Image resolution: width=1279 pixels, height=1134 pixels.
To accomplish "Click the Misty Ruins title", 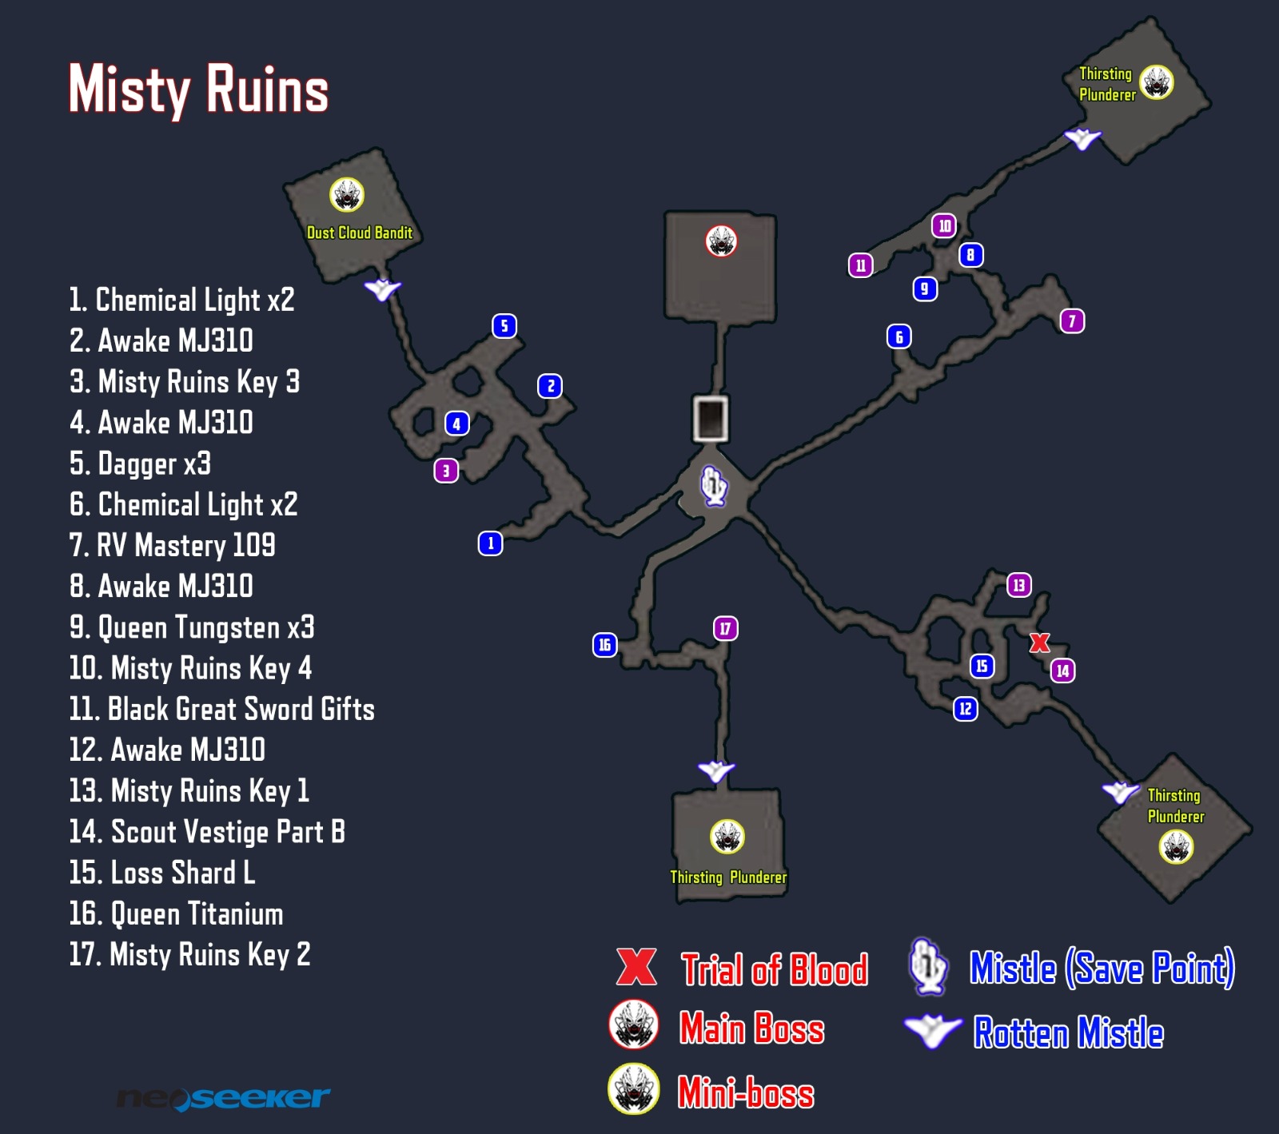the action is coord(198,90).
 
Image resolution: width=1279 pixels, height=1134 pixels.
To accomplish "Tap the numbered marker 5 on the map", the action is coord(504,326).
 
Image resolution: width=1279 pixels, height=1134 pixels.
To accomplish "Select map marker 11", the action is coord(861,265).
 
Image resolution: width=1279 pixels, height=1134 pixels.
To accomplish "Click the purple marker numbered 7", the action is coord(1072,321).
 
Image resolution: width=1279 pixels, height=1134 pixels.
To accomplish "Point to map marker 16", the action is coord(605,645).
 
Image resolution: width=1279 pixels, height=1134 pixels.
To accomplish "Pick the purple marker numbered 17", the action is coord(726,629).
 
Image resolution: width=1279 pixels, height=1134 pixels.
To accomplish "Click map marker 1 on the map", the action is coord(491,543).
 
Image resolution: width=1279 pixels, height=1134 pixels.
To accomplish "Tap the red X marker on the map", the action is coord(1039,643).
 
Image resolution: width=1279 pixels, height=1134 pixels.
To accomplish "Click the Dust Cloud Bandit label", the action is coord(360,233).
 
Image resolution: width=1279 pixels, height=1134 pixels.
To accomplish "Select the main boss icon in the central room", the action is coord(721,241).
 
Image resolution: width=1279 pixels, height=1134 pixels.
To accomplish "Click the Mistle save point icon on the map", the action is coord(714,485).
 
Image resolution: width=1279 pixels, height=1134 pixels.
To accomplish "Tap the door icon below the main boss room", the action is coord(710,418).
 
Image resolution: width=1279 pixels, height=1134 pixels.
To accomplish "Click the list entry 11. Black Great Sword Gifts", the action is coord(221,709).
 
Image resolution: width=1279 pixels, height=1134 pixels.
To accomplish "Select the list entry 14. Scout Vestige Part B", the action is coord(207,832).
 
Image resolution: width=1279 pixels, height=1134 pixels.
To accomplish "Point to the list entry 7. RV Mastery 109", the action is coord(172,546).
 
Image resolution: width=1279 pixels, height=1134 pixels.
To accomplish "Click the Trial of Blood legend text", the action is coord(774,969).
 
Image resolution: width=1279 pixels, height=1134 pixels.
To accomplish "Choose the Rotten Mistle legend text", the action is coord(1068,1033).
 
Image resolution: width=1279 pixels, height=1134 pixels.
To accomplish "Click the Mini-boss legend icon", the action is coord(634,1088).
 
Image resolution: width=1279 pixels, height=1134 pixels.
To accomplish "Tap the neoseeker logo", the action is coord(223,1099).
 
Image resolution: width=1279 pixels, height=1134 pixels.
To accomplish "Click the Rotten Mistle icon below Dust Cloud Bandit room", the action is coord(383,288).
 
